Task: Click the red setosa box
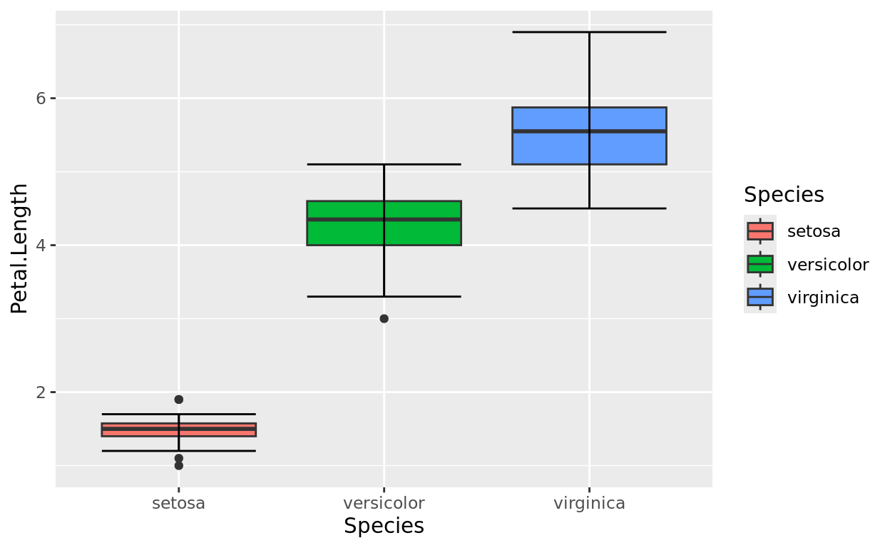coord(214,430)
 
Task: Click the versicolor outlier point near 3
coord(384,318)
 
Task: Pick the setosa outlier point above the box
coord(178,400)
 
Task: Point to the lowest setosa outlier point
coord(178,465)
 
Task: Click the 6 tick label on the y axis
coord(41,98)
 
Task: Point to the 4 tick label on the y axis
coord(41,245)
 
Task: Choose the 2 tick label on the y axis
coord(41,392)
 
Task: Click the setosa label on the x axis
coord(178,503)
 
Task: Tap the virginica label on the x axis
coord(589,503)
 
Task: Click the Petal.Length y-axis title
coord(20,248)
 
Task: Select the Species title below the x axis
coord(384,527)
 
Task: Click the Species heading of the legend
coord(784,195)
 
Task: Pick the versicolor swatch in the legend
coord(760,265)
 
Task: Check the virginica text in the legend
coord(823,298)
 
